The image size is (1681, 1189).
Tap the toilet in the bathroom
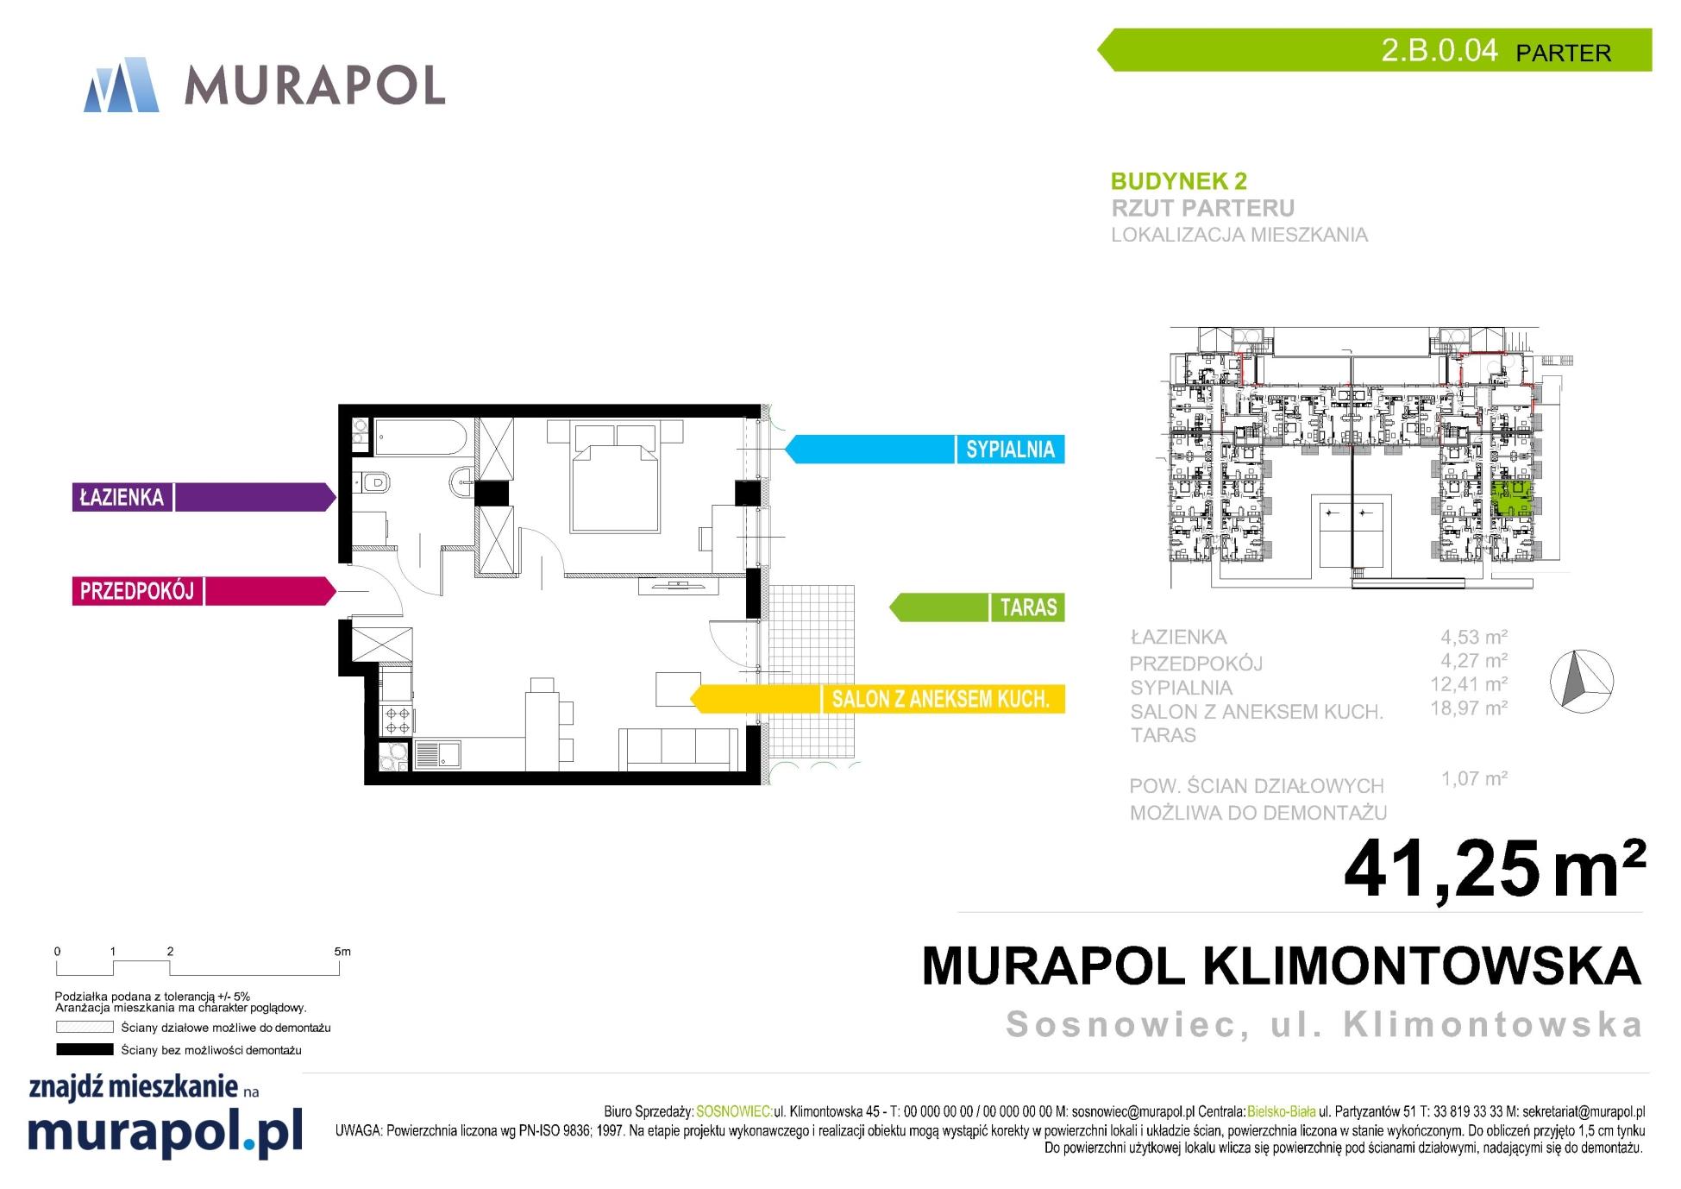pos(375,482)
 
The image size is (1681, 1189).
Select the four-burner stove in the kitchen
pos(398,720)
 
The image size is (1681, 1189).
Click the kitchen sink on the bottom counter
pos(437,755)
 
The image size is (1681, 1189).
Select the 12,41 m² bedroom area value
pos(1468,684)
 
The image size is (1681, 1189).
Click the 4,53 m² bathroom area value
pos(1473,637)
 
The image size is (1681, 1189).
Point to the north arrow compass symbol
pos(1581,681)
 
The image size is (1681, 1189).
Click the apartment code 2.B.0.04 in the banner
pos(1439,50)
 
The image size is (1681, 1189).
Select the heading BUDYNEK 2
pos(1178,181)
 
